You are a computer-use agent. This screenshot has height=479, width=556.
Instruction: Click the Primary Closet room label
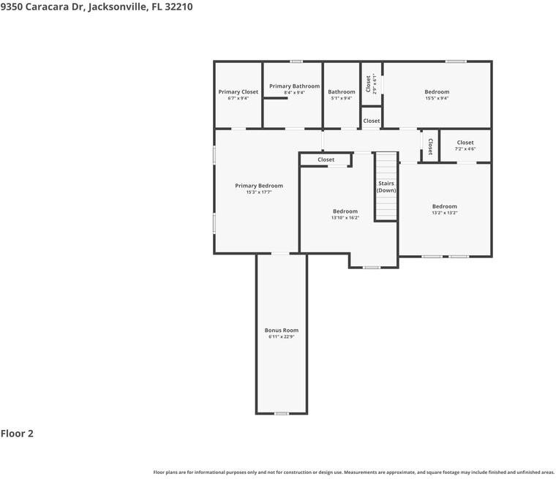coord(238,92)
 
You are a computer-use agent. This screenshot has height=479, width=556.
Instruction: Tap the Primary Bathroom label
coord(294,86)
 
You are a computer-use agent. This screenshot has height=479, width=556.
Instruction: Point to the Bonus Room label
coord(282,331)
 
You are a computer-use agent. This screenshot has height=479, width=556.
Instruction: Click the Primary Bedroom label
coord(259,186)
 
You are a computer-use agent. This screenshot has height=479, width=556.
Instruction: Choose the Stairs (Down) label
coord(386,186)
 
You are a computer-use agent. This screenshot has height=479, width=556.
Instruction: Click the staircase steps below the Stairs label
coord(386,208)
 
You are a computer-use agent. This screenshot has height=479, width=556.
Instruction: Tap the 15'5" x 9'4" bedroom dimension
coord(437,98)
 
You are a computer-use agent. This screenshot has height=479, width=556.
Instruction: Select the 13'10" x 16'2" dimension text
coord(345,217)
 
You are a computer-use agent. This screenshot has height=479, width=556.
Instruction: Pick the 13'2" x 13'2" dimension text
coord(444,213)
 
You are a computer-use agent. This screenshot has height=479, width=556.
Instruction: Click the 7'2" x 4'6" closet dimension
coord(465,149)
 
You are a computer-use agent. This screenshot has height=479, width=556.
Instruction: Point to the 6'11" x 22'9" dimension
coord(282,337)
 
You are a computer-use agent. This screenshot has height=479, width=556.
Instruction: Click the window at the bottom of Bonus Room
coord(281,414)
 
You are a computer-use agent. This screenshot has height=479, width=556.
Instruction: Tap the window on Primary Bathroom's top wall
coord(296,61)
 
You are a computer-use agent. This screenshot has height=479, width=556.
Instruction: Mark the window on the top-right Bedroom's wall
coord(457,61)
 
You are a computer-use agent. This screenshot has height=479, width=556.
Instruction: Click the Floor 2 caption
coord(17,434)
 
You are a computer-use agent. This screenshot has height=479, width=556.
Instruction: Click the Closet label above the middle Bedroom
coord(326,159)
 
